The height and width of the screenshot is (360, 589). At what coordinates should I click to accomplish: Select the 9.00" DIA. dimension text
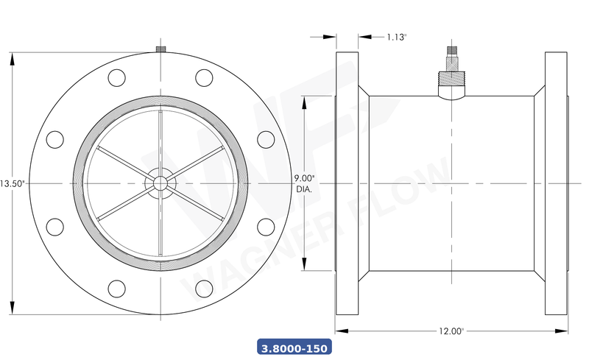[304, 183]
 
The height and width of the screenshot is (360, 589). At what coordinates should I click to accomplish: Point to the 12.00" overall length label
[452, 331]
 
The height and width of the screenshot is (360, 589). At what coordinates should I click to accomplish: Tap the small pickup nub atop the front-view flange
[160, 49]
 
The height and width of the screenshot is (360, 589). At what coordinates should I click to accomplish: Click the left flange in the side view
[347, 183]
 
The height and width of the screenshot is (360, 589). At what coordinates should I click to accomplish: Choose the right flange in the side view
[556, 183]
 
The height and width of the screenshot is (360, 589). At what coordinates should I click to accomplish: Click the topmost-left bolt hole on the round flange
[116, 77]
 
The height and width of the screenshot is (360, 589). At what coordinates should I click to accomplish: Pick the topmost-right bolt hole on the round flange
[204, 77]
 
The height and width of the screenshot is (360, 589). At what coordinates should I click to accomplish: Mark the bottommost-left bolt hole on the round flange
[116, 289]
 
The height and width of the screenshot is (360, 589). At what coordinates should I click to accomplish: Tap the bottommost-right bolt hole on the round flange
[204, 289]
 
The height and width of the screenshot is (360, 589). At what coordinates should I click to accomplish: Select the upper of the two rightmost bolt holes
[266, 138]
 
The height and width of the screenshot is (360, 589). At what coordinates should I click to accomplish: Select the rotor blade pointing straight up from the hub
[160, 140]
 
